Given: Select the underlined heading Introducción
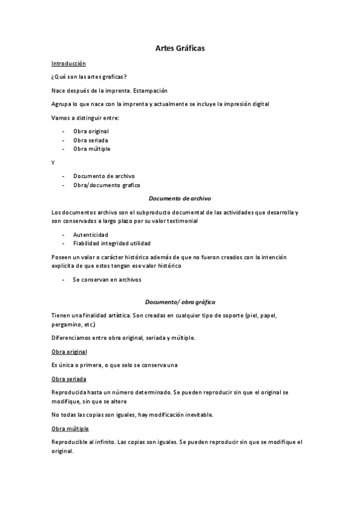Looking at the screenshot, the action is [x=69, y=63].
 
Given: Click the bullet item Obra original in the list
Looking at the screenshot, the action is [x=91, y=131].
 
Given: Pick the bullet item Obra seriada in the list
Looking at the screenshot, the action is [x=90, y=140].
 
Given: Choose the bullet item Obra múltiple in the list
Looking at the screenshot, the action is [x=91, y=149].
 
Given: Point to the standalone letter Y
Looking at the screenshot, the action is [x=53, y=162].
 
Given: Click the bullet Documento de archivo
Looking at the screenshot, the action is [x=104, y=176].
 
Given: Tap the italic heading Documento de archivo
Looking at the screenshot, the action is [x=180, y=198].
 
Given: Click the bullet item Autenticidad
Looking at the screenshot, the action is [x=91, y=234].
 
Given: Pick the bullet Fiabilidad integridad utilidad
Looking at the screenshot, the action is [x=112, y=243].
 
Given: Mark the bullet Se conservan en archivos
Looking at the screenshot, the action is [x=107, y=280].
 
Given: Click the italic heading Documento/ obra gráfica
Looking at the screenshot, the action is [x=180, y=301].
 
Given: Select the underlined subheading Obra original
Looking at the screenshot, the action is [x=70, y=351].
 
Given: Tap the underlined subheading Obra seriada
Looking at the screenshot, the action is [x=69, y=379].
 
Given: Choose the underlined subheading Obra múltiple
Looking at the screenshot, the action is [x=70, y=428].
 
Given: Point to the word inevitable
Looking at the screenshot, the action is [x=194, y=415].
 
